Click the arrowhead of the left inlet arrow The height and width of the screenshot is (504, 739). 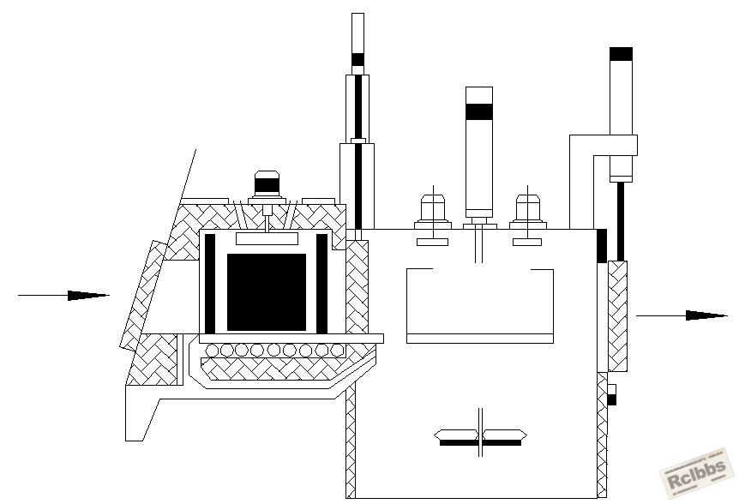click(88, 296)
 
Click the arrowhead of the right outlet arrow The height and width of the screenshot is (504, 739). click(706, 315)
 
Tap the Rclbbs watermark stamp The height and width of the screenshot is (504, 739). click(699, 472)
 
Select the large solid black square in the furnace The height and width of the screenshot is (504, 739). click(267, 292)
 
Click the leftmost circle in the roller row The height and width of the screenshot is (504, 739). click(213, 350)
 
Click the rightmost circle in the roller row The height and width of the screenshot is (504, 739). click(338, 350)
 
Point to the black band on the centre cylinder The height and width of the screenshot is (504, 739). click(479, 111)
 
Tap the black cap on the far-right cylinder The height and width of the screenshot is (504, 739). click(621, 54)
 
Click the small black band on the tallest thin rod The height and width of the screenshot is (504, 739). click(357, 59)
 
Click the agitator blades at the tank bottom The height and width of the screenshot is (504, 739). click(480, 437)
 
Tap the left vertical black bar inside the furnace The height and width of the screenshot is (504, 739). click(210, 284)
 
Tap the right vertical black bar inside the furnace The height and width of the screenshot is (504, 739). click(321, 284)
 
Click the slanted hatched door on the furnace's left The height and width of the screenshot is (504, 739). click(143, 296)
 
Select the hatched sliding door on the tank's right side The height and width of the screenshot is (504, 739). click(617, 316)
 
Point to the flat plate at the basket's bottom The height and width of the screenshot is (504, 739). click(480, 339)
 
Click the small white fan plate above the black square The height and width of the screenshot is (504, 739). click(267, 239)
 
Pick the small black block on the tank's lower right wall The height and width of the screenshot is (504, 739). click(611, 400)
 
